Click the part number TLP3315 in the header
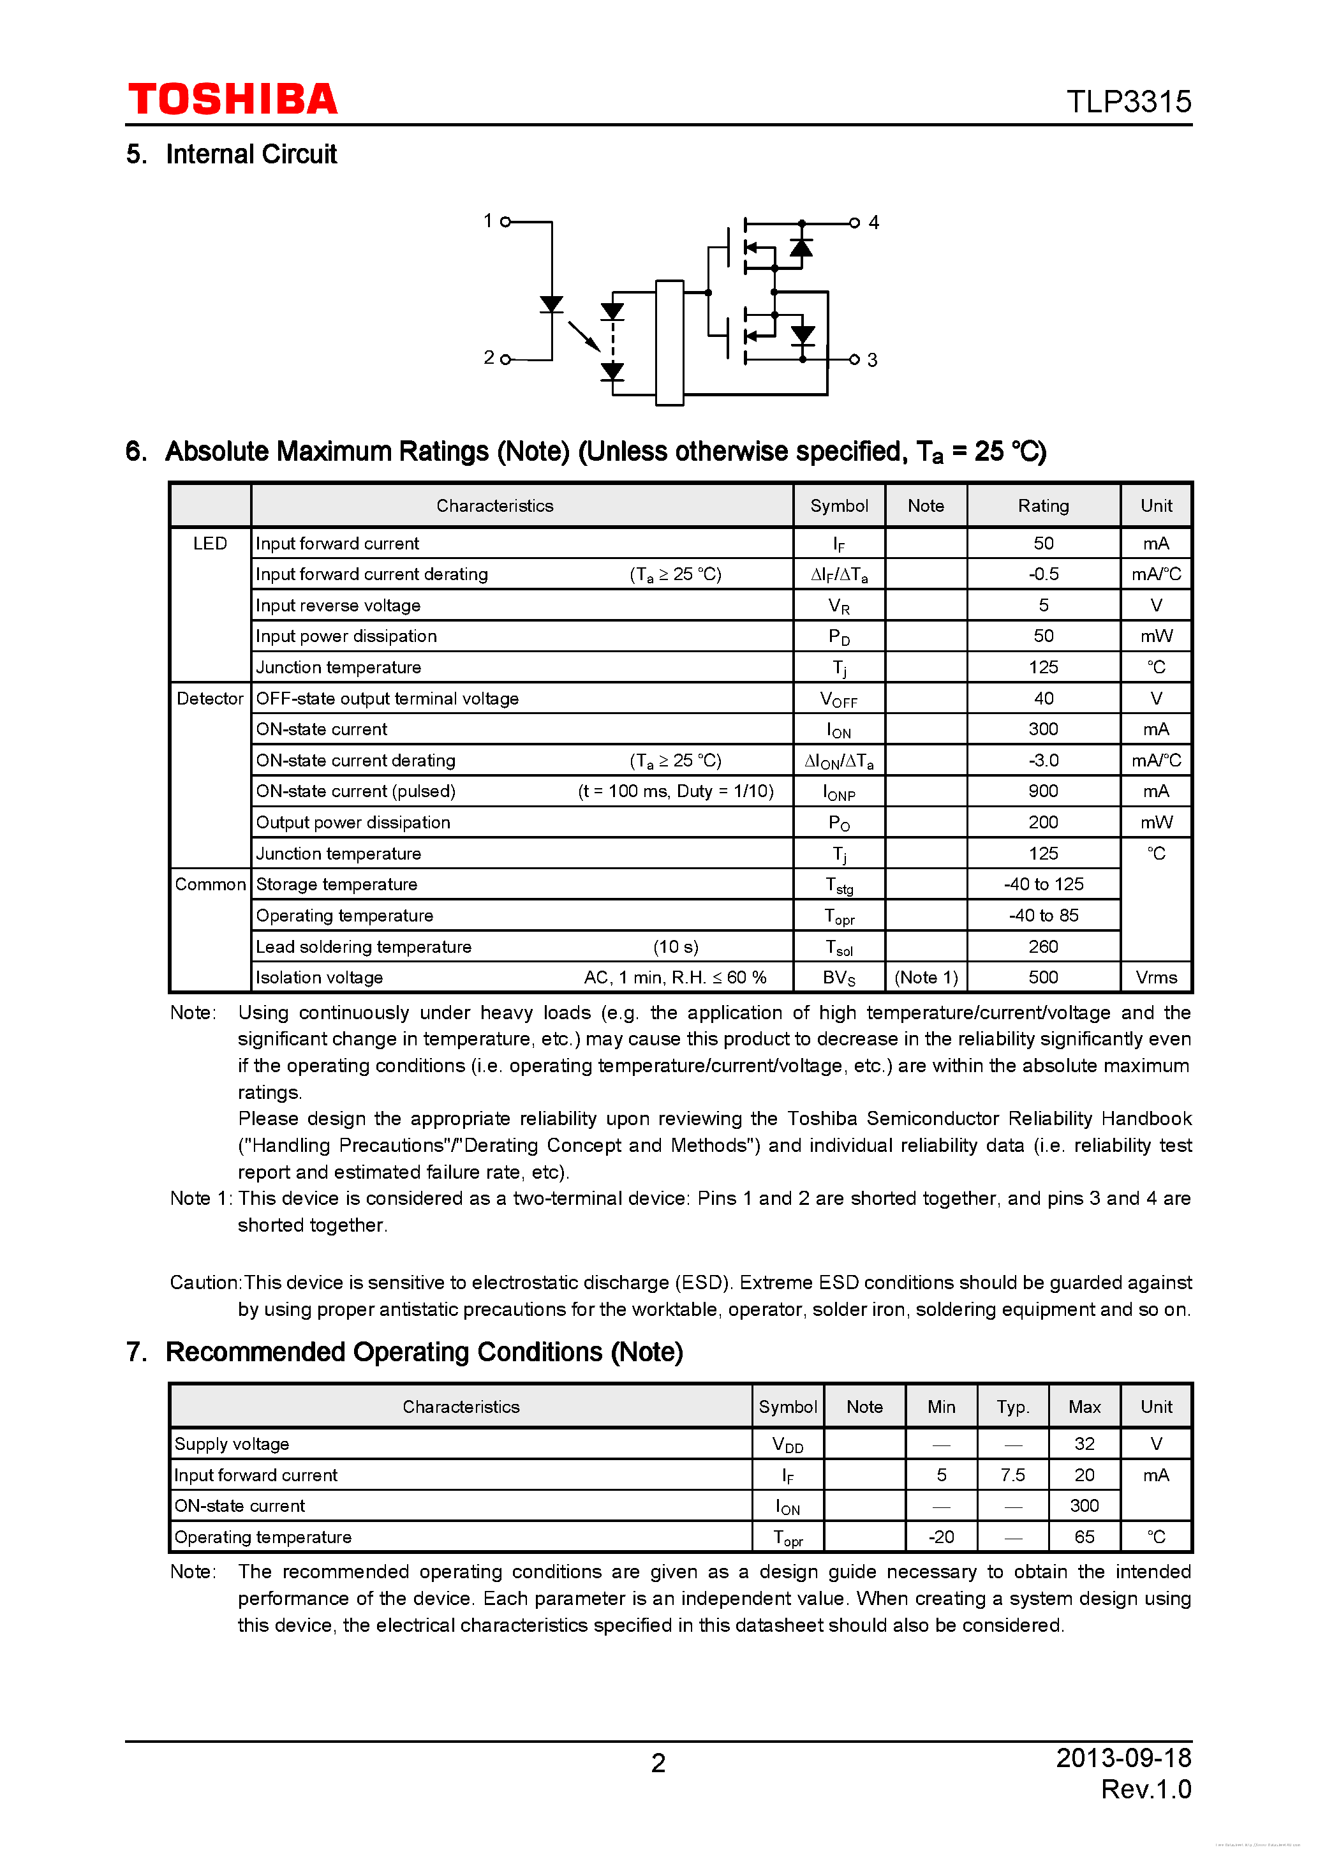tap(1128, 102)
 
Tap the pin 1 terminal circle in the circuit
tap(505, 221)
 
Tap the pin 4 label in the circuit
tap(873, 222)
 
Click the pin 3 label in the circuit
tap(872, 360)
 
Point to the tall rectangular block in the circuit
tap(669, 342)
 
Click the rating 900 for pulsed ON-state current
tap(1042, 791)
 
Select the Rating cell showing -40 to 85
tap(1042, 915)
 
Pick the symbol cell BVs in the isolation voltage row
tap(838, 978)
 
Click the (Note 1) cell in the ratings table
tap(926, 978)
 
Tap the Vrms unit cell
tap(1155, 978)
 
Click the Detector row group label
tap(210, 698)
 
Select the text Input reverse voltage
tap(338, 606)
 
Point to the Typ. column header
tap(1012, 1407)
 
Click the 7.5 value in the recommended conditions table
tap(1012, 1475)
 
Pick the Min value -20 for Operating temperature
tap(941, 1537)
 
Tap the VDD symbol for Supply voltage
tap(787, 1444)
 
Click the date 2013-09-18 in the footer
tap(1123, 1758)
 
